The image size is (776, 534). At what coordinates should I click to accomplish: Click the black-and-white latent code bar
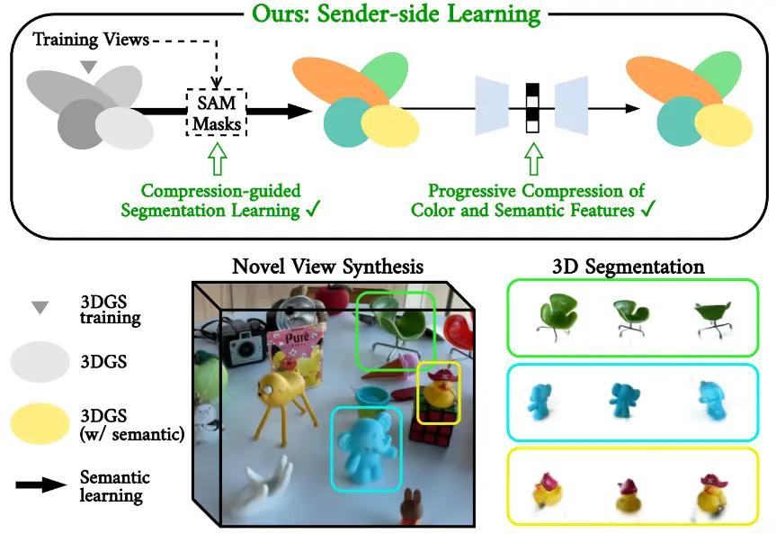[x=531, y=108]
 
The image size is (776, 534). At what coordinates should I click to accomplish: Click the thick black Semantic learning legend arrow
[x=40, y=485]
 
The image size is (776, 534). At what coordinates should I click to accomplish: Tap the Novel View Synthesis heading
[x=327, y=267]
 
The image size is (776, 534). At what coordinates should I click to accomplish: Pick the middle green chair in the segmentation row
[x=626, y=316]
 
